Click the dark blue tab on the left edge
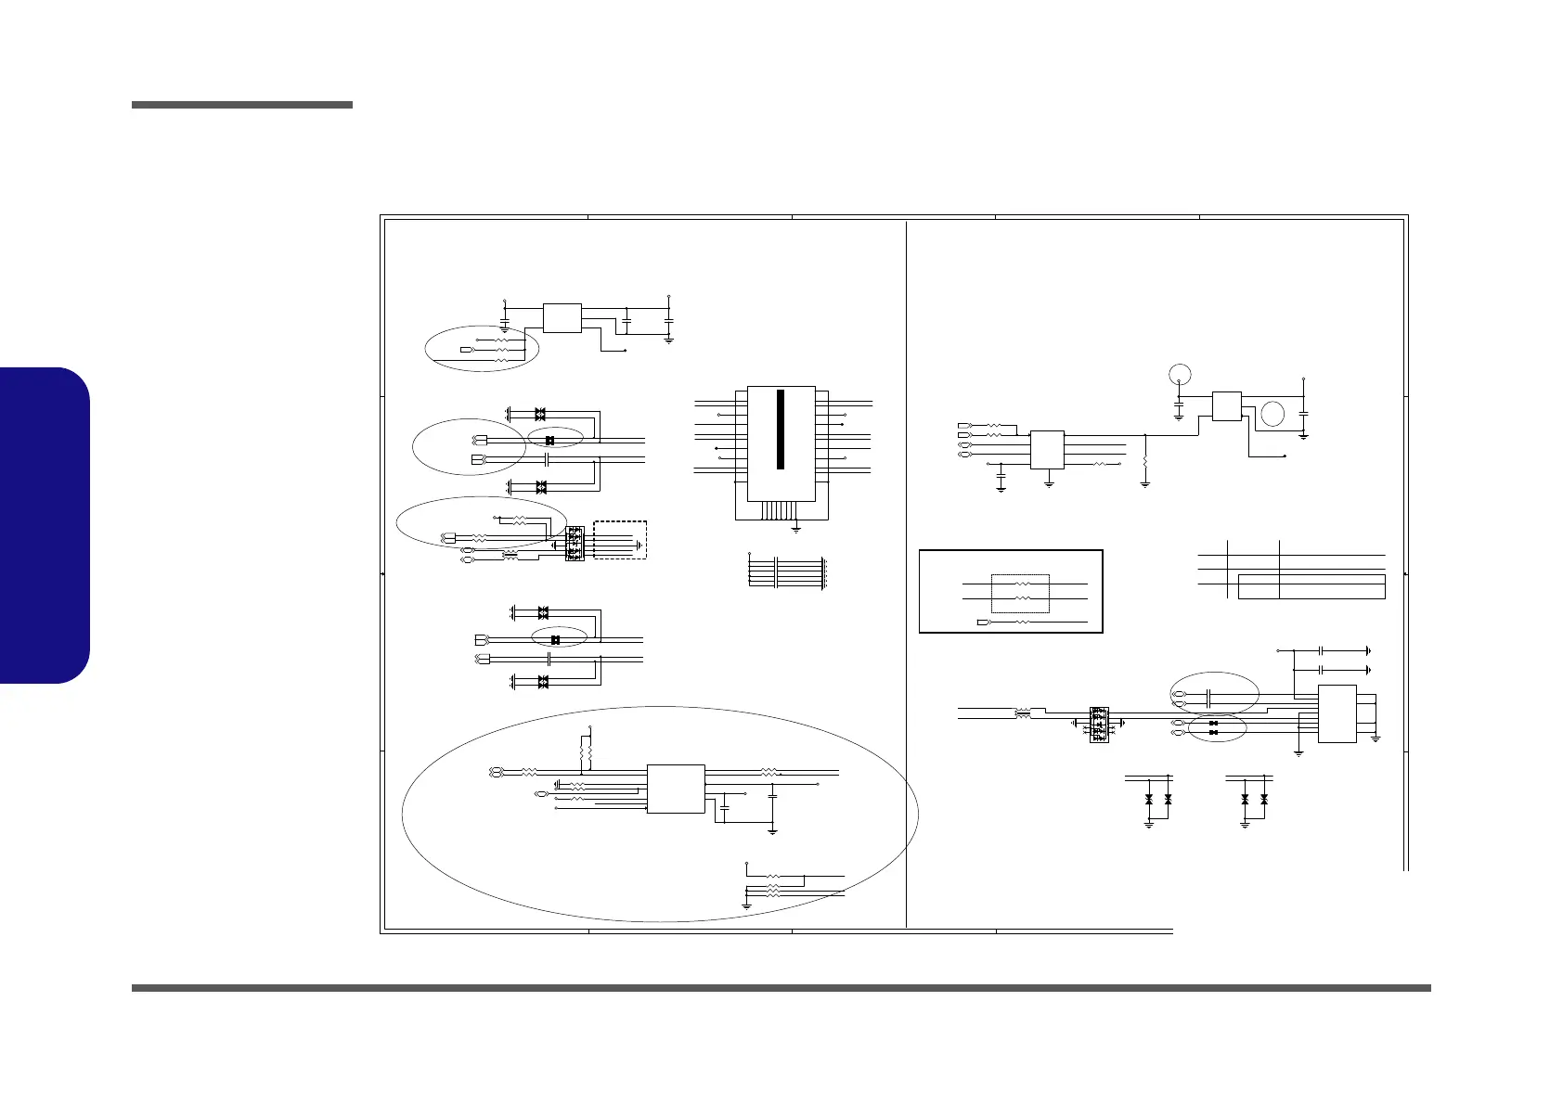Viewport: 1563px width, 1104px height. coord(45,525)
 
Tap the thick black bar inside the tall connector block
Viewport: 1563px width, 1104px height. coord(781,430)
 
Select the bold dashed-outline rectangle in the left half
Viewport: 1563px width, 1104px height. coord(620,540)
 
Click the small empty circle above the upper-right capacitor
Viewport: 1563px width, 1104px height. coord(1179,375)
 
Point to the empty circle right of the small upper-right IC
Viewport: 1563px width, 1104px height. coord(1273,413)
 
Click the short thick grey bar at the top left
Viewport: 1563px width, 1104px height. coord(242,105)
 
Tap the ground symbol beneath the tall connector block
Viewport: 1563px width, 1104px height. coord(796,529)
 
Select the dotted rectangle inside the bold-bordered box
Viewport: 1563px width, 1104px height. coord(1020,594)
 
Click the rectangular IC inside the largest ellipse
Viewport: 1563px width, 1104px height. coord(675,789)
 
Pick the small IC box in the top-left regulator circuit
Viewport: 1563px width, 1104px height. coord(562,317)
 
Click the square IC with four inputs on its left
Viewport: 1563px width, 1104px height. coord(1047,450)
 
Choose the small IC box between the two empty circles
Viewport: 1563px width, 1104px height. coord(1227,406)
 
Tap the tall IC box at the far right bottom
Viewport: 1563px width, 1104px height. coord(1337,712)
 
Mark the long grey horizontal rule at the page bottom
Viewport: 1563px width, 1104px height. coord(781,988)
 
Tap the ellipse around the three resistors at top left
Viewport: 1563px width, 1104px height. coord(482,349)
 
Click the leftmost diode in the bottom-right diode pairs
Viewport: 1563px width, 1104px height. coord(1149,799)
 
